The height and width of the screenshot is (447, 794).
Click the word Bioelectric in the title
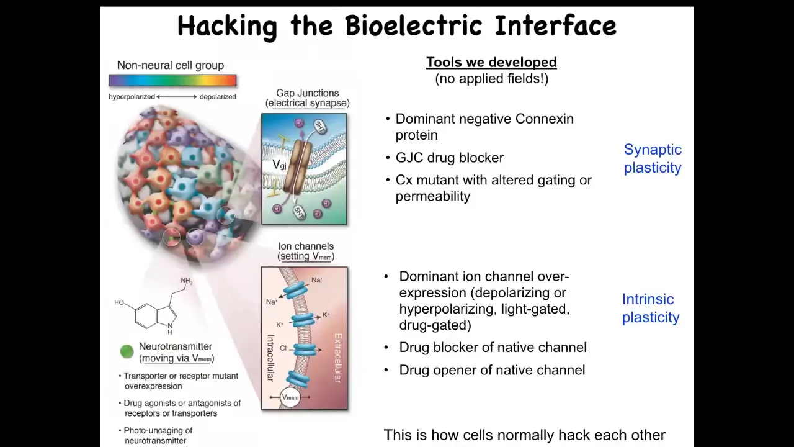coord(413,25)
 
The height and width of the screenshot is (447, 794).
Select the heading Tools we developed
coord(492,62)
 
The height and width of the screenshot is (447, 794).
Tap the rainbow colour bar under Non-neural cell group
coord(172,80)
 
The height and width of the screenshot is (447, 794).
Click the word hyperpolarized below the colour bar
coord(132,97)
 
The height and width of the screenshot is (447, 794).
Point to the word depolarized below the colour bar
coord(218,97)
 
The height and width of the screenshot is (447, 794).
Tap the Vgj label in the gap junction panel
coord(279,165)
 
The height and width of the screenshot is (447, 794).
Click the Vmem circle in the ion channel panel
coord(290,397)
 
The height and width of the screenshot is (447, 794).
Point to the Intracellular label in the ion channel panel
coord(270,358)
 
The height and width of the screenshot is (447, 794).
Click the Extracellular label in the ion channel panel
coord(338,358)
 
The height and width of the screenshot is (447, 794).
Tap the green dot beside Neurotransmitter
coord(127,351)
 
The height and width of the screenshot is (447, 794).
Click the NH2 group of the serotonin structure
coord(187,281)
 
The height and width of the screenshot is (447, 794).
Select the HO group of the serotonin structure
coord(119,302)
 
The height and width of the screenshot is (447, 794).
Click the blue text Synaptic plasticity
coord(653,158)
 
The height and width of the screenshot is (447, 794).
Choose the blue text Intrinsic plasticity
coord(651,308)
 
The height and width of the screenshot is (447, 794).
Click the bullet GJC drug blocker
coord(450,158)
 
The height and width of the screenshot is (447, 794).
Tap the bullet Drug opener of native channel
coord(492,370)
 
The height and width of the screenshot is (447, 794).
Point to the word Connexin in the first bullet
coord(545,119)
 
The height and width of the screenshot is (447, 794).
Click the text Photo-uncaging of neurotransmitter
coord(156,435)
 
